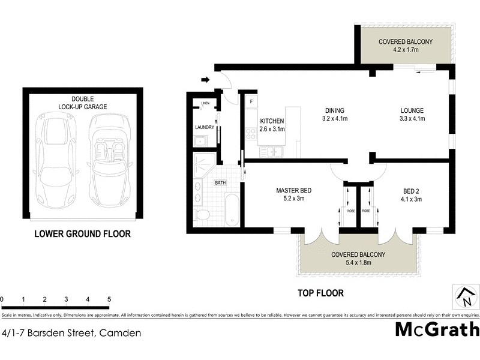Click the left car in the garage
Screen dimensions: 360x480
(55, 159)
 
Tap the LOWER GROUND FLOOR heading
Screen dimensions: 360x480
(82, 234)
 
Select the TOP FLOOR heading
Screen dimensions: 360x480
(322, 293)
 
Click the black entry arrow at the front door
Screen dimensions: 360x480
(206, 80)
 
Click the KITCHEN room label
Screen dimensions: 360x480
(272, 121)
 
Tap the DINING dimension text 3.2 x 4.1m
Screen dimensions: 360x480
(335, 119)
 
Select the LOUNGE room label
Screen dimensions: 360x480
(412, 110)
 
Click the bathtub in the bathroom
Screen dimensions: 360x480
(230, 209)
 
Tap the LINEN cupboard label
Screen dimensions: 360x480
(205, 103)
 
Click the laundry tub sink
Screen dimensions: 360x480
(200, 142)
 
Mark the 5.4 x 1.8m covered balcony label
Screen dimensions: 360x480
(358, 263)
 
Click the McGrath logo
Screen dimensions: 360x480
(437, 330)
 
